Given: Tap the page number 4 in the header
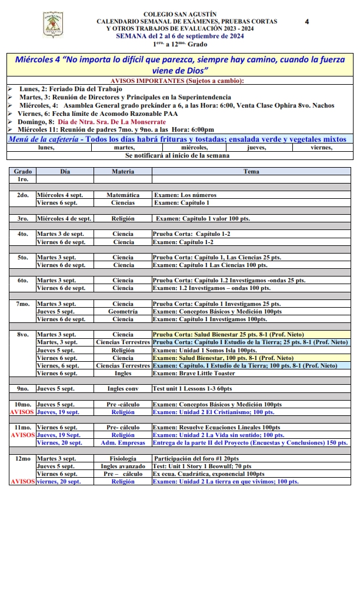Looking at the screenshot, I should pos(307,22).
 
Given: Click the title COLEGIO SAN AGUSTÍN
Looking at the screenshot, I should pos(179,14).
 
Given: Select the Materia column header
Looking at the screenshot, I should pos(122,171).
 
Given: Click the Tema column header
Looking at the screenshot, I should pos(251,171).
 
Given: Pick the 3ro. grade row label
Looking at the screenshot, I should pos(23,219).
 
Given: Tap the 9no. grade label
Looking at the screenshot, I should pos(23,389).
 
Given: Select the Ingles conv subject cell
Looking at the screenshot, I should pos(123,389).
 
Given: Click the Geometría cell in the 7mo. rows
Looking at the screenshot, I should pos(123,312).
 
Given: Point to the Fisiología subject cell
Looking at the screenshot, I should pos(123,458).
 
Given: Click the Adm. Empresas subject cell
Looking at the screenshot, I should pos(123,443).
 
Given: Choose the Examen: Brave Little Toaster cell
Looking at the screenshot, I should pos(195,373).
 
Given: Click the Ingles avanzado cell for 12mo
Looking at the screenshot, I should pos(123,466).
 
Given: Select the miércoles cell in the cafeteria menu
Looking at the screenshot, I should pos(194,148).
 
